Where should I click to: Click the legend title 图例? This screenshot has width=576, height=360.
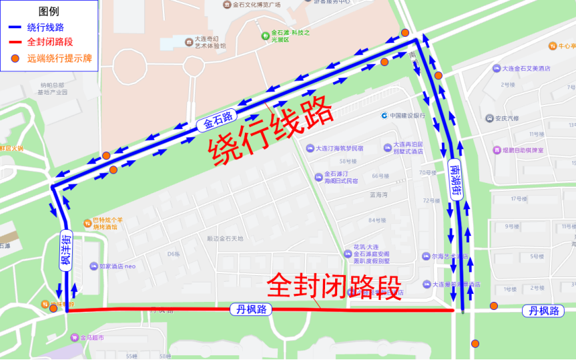tap(49, 11)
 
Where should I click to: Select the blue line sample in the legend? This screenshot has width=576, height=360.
tap(15, 27)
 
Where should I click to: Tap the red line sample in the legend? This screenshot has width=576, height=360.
tap(15, 43)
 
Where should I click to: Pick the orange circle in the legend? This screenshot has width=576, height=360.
tap(15, 59)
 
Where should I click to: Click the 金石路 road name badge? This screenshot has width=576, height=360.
tap(218, 120)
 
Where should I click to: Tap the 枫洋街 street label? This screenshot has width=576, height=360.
tap(65, 250)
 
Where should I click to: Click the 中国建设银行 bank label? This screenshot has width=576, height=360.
tap(407, 115)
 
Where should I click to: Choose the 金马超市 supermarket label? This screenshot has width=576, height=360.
tap(91, 337)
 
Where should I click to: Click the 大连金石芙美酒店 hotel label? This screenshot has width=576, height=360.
tap(521, 68)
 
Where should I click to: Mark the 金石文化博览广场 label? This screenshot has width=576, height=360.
tap(256, 5)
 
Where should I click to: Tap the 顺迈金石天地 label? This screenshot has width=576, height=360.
tap(225, 238)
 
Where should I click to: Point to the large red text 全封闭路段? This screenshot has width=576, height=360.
tap(334, 286)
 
